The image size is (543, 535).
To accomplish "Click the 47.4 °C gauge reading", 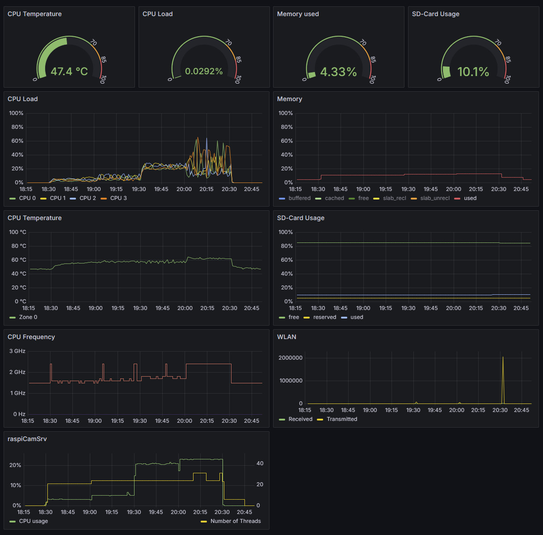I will tap(69, 72).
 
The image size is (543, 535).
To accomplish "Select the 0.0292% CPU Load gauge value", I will tap(204, 72).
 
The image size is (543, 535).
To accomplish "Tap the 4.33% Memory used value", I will tap(338, 72).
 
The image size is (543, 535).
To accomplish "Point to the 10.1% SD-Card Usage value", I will tap(473, 72).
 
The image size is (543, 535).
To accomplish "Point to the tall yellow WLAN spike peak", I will tap(503, 357).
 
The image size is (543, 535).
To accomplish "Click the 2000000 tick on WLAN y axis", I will tap(290, 358).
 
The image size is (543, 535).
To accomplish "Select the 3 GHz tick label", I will tap(17, 351).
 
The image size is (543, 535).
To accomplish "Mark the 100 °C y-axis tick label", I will tap(17, 232).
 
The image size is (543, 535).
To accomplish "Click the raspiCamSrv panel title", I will tap(27, 439).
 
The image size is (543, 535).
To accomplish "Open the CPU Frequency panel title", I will tap(31, 337).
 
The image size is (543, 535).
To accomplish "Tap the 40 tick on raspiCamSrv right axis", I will tap(260, 463).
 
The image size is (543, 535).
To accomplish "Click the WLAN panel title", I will tap(286, 337).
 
